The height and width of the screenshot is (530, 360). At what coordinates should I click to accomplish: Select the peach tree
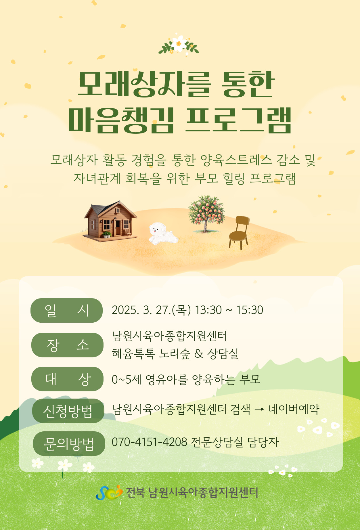point(206,213)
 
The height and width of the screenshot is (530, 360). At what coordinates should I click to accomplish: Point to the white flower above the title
point(179,43)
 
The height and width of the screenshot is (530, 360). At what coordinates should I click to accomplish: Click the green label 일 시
point(66,310)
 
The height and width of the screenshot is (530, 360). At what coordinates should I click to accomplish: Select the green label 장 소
point(67,345)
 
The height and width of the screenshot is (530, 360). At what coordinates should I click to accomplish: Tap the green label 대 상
point(67,379)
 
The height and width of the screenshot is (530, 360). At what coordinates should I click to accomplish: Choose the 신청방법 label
point(68,411)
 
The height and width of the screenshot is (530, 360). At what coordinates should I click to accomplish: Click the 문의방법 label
point(69,443)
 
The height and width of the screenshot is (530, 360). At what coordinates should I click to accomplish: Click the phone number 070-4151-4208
point(150,442)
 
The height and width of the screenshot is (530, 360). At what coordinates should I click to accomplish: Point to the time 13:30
point(208,310)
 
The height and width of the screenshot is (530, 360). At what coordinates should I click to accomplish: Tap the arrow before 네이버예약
point(259,410)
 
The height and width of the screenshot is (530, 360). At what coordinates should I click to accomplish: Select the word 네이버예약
point(294,409)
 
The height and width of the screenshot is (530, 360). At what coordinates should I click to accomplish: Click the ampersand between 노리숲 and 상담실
point(199,353)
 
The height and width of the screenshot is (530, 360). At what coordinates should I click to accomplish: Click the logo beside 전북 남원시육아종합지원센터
point(109,492)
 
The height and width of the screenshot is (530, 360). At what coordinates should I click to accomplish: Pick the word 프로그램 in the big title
point(239,120)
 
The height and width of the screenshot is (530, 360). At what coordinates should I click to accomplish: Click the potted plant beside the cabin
point(107,235)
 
